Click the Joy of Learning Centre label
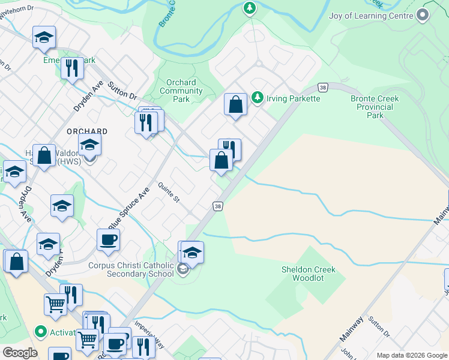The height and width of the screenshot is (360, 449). click(x=371, y=15)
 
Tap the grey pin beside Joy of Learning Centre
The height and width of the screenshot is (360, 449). click(x=423, y=15)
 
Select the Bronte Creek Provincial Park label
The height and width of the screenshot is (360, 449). click(x=375, y=107)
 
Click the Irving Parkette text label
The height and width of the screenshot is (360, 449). click(x=294, y=98)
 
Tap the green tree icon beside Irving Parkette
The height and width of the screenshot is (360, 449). click(x=257, y=97)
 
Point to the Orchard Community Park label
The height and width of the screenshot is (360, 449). click(x=181, y=91)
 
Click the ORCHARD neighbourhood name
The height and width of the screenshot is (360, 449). click(x=87, y=131)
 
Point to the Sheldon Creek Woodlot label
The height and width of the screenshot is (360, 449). click(x=309, y=274)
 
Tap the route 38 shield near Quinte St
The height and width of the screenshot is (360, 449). click(x=218, y=206)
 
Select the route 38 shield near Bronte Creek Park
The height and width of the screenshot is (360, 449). click(x=323, y=88)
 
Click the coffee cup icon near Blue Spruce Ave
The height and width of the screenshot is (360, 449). click(x=108, y=240)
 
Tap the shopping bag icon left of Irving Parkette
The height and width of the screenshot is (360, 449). click(x=236, y=104)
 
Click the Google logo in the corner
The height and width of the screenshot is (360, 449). click(x=19, y=353)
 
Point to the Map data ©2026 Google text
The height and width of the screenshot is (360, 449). click(x=411, y=355)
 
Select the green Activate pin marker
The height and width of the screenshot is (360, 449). click(x=41, y=331)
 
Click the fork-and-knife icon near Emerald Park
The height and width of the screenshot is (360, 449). click(x=72, y=68)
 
